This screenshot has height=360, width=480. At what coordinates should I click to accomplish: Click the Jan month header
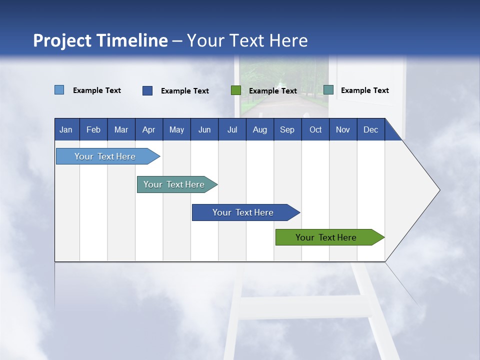pos(66,129)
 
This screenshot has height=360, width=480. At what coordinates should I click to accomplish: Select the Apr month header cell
pos(149,129)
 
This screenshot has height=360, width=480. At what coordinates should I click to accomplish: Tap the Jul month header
pos(232,129)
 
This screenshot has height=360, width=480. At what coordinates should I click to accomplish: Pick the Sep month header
pos(287,129)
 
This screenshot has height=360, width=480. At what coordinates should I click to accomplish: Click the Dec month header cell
pos(370,129)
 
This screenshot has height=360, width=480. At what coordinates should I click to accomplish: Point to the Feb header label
pos(93,129)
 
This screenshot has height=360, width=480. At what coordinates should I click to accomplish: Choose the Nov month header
pos(343,129)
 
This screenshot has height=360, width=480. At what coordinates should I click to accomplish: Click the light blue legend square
pos(59,90)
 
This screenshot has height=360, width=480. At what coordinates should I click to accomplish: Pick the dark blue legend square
pos(147,90)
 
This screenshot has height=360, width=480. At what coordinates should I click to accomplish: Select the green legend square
pos(236,90)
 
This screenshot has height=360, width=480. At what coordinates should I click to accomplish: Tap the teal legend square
pos(328,90)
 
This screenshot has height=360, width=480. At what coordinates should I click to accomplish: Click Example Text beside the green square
pos(272,91)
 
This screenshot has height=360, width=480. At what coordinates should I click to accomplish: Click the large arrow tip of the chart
pos(425,190)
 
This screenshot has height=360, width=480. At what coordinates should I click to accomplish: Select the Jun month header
pos(204,129)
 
